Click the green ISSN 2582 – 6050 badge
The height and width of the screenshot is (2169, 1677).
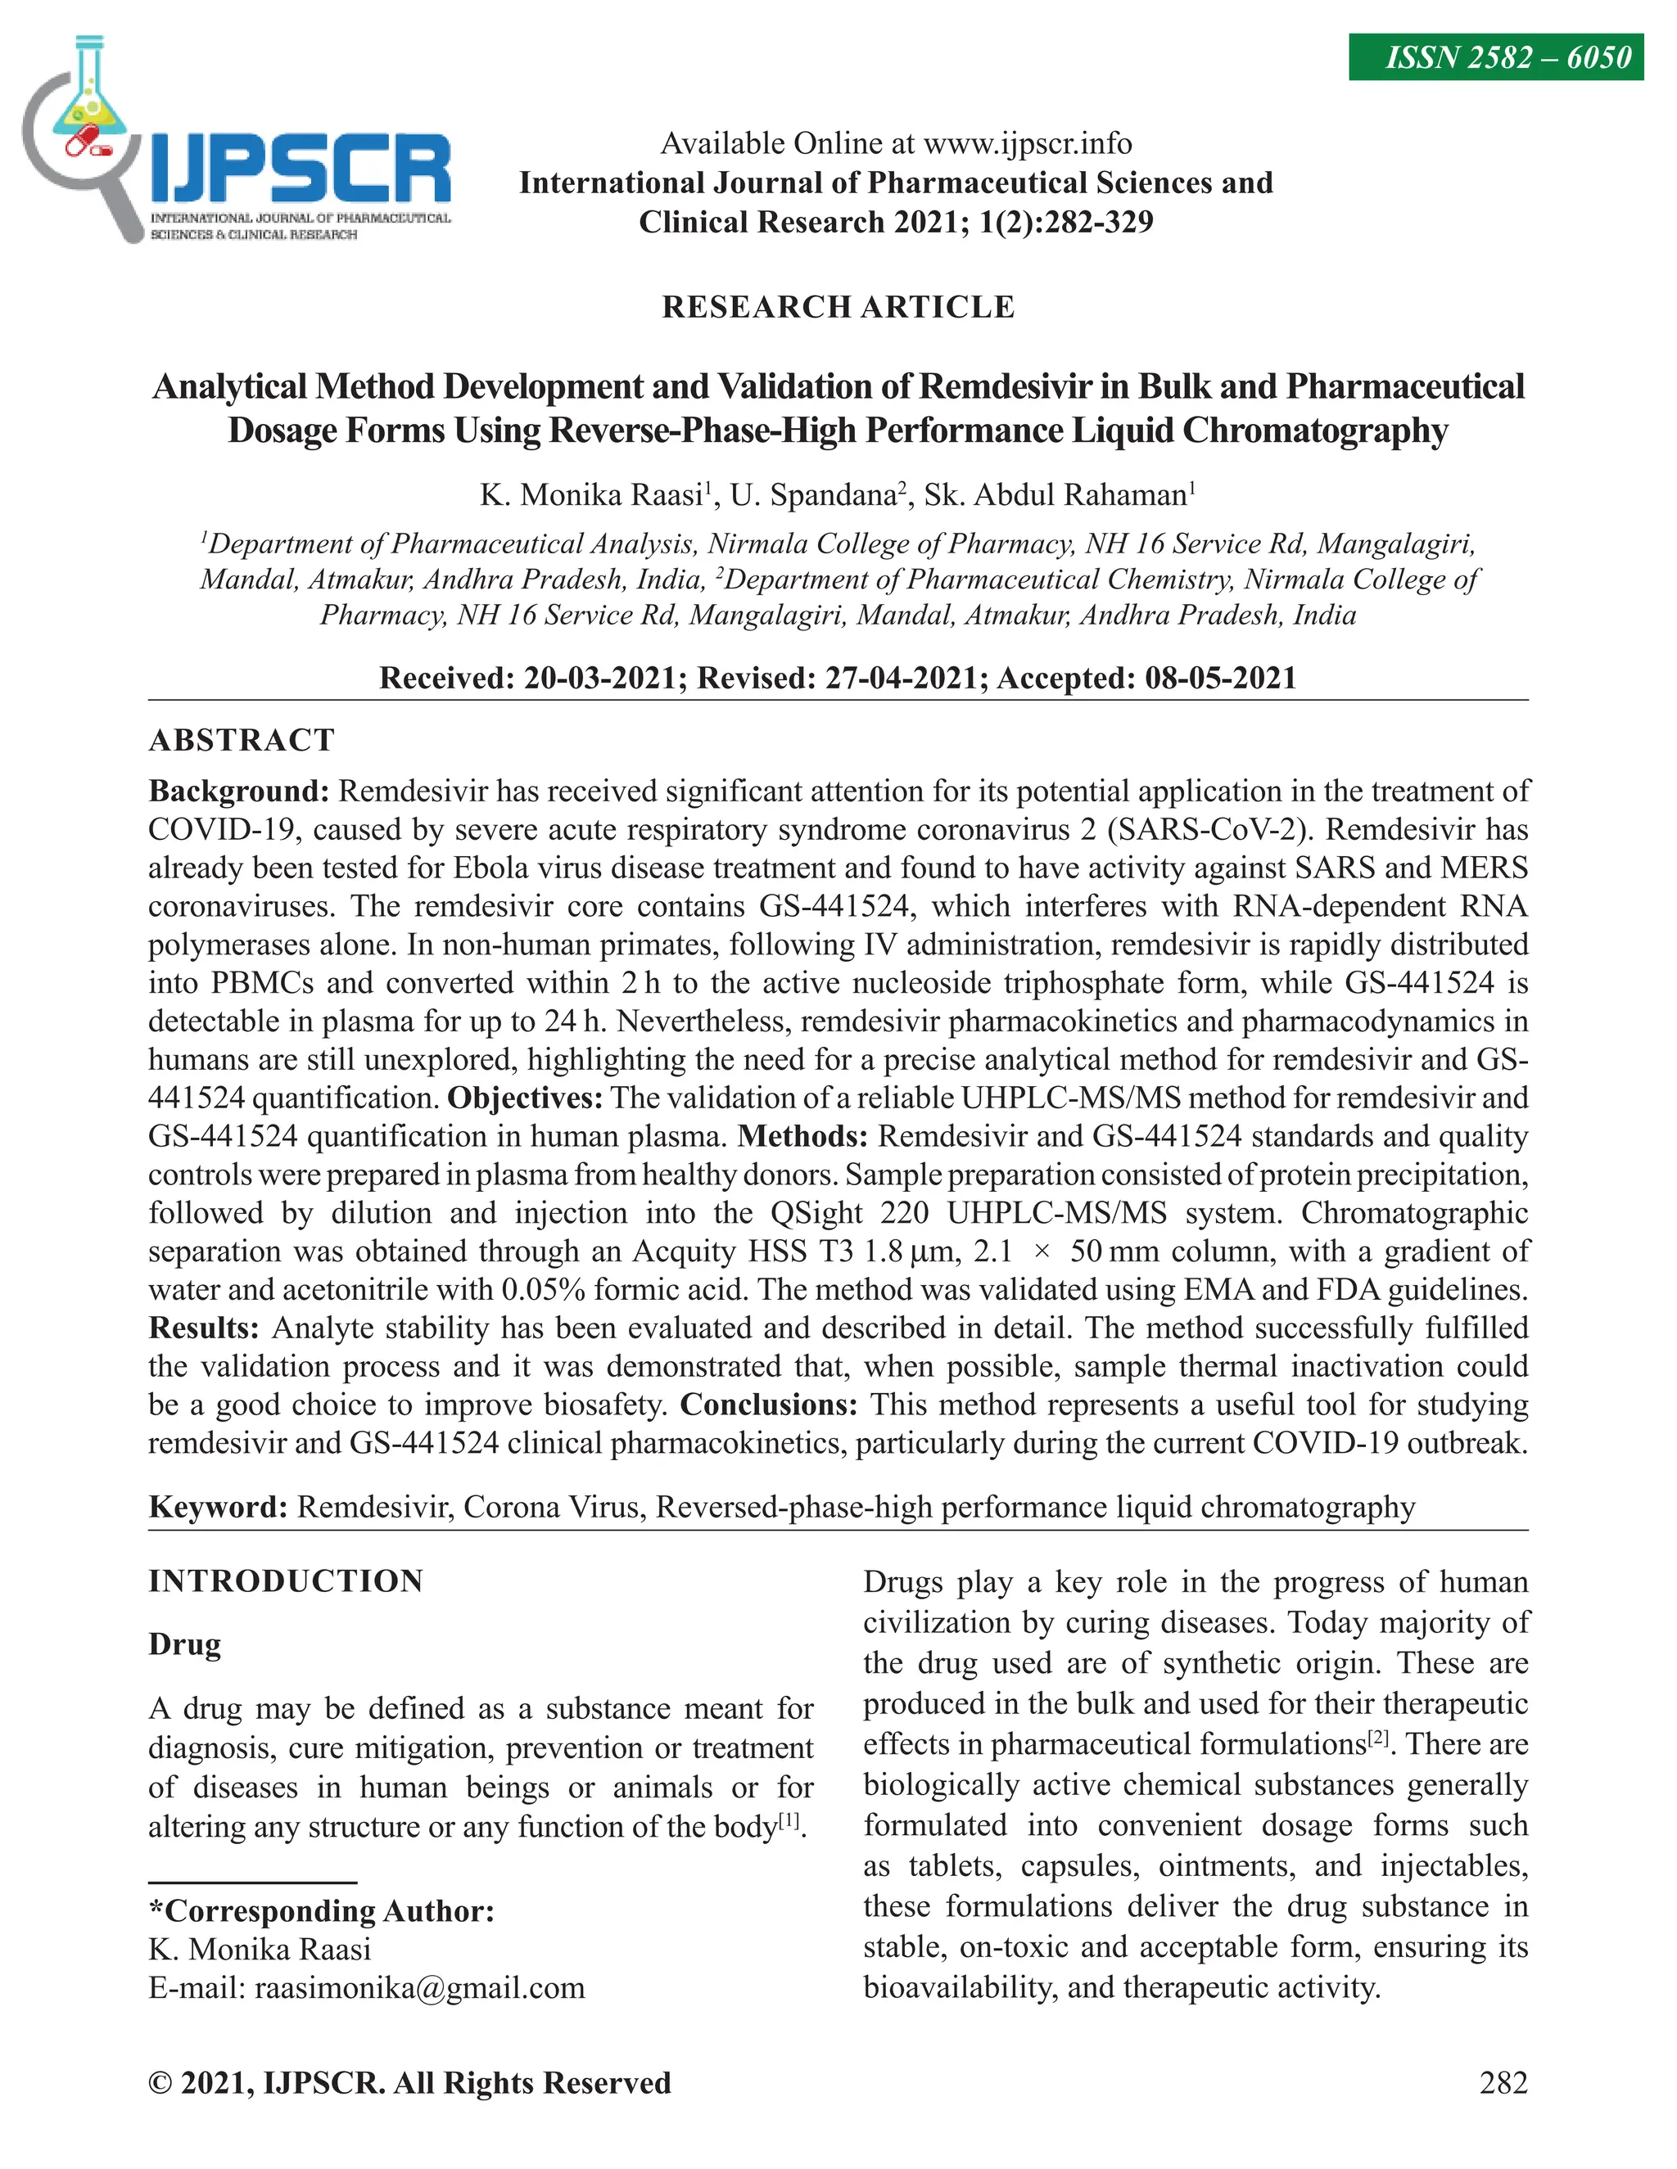click(x=1494, y=57)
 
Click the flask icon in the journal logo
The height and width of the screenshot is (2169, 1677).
click(x=88, y=94)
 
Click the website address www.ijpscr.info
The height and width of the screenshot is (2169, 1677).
click(x=1028, y=143)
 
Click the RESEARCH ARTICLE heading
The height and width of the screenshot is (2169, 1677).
click(x=838, y=307)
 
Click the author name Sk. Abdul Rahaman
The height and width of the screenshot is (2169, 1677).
click(x=1055, y=494)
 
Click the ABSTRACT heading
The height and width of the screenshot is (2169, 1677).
click(x=242, y=740)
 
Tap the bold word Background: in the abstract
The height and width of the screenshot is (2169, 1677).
click(x=238, y=791)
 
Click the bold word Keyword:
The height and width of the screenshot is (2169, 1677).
click(x=219, y=1508)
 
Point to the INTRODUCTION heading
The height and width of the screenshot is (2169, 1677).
click(x=286, y=1581)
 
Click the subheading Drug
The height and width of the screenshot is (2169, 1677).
click(x=185, y=1644)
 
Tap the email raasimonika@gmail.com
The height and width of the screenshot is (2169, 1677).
click(x=419, y=1988)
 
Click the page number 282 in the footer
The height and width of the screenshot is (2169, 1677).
click(x=1502, y=2082)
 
